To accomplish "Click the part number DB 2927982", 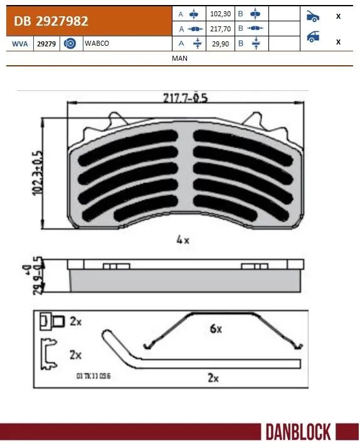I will click(x=48, y=21).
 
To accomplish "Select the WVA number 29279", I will click(x=45, y=44).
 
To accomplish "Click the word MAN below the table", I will click(x=179, y=58).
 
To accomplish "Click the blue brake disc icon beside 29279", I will click(x=70, y=44).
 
